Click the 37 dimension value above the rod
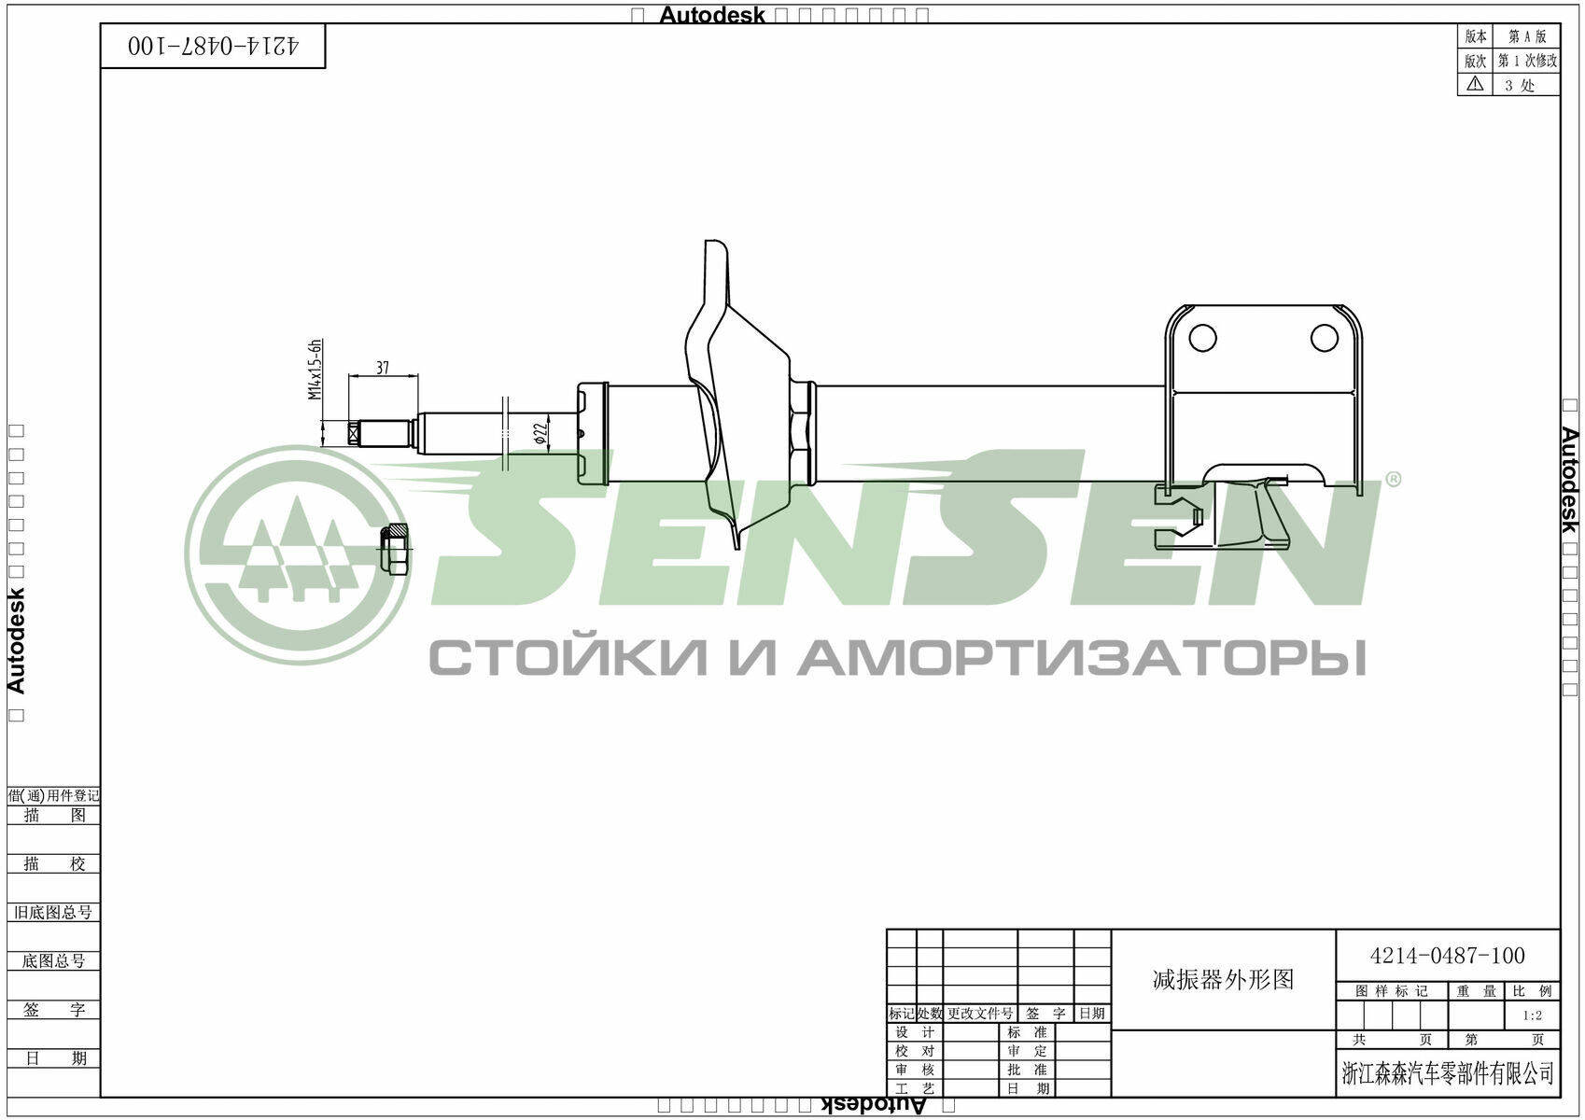click(383, 368)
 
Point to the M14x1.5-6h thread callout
click(316, 370)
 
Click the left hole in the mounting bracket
click(1202, 338)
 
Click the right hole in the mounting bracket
click(1324, 338)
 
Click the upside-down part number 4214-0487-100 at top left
click(214, 46)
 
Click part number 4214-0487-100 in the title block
click(1447, 956)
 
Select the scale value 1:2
click(1532, 1015)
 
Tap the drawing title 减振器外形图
click(1223, 979)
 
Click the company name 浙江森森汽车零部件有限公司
click(1448, 1073)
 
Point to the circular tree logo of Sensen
click(296, 554)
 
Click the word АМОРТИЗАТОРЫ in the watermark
click(1081, 658)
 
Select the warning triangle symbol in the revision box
click(1475, 84)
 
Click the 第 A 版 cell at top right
click(1527, 36)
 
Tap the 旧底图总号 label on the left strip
click(53, 912)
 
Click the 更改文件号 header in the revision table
click(979, 1014)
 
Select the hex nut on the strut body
click(802, 433)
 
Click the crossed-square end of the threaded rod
click(354, 433)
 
